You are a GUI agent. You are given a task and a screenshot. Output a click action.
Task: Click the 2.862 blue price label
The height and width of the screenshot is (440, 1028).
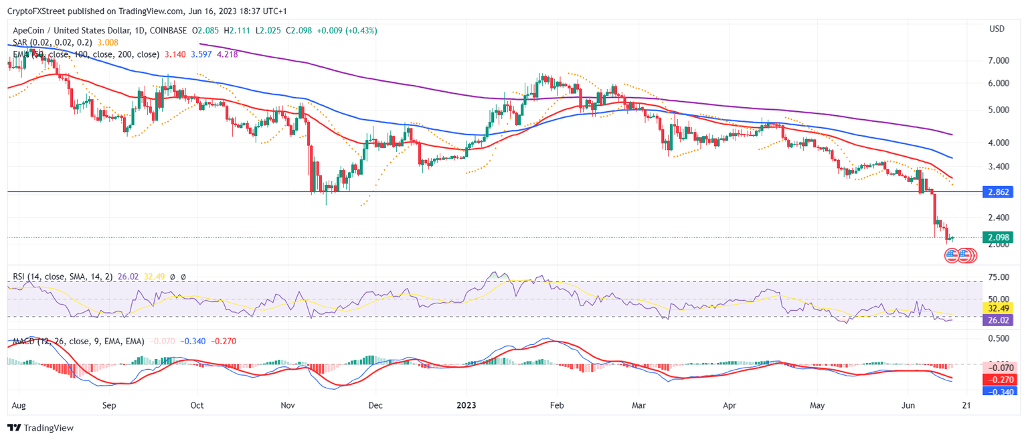pyautogui.click(x=997, y=192)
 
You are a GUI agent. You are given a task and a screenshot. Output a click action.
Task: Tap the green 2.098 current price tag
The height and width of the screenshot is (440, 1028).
pyautogui.click(x=997, y=237)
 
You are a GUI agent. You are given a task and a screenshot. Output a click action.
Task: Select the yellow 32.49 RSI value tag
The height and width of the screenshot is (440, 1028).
pyautogui.click(x=997, y=309)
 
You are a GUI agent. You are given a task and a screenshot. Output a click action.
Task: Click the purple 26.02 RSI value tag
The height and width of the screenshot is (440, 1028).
pyautogui.click(x=997, y=321)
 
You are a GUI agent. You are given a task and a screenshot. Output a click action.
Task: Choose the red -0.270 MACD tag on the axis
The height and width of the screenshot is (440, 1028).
pyautogui.click(x=997, y=380)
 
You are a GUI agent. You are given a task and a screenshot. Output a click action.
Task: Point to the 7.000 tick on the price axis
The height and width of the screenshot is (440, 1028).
pyautogui.click(x=999, y=60)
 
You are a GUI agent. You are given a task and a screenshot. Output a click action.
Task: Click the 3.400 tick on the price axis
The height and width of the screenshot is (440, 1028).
pyautogui.click(x=999, y=167)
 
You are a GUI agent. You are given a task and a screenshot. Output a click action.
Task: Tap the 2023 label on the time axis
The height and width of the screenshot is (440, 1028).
pyautogui.click(x=466, y=405)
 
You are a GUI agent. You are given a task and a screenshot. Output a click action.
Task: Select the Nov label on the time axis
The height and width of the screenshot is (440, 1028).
pyautogui.click(x=288, y=405)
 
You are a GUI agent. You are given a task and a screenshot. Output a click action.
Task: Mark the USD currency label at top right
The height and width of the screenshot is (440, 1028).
pyautogui.click(x=997, y=29)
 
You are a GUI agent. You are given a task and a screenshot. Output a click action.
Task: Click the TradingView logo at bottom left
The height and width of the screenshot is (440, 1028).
pyautogui.click(x=41, y=427)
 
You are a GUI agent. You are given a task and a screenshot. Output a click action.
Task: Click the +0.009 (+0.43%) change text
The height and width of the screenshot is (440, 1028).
pyautogui.click(x=346, y=30)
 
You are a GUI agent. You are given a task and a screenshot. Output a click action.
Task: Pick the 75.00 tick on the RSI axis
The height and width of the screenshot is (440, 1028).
pyautogui.click(x=999, y=277)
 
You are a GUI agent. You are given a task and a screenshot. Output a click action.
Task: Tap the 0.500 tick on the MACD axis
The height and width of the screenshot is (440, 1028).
pyautogui.click(x=999, y=339)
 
